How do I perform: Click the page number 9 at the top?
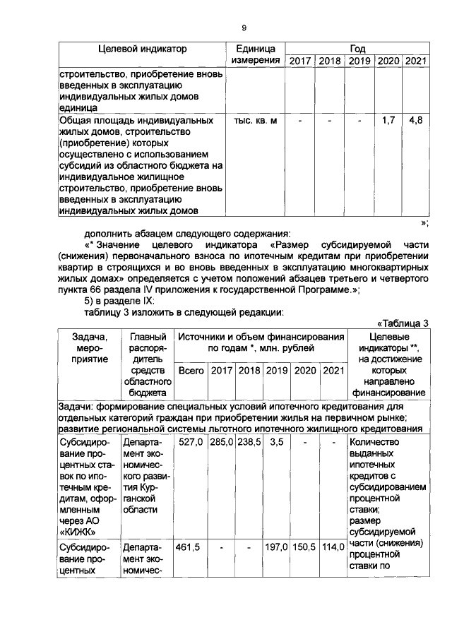tap(244, 28)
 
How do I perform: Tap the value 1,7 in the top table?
tap(388, 121)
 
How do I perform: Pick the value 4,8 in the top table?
tap(416, 121)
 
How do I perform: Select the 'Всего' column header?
tap(191, 370)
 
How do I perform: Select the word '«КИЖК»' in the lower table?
tap(78, 530)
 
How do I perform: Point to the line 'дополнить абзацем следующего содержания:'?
tap(183, 234)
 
